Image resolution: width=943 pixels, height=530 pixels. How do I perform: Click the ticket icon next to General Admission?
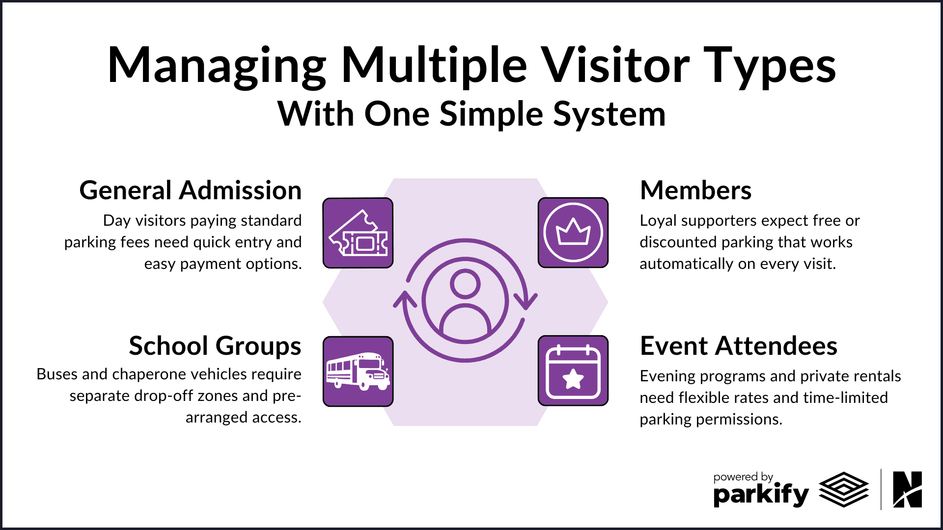pyautogui.click(x=358, y=233)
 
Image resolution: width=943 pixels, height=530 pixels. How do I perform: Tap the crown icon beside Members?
pyautogui.click(x=573, y=233)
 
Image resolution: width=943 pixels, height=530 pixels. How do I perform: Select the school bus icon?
pyautogui.click(x=358, y=371)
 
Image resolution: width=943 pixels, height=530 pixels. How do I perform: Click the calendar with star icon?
pyautogui.click(x=573, y=371)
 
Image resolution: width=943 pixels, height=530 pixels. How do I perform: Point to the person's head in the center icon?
pyautogui.click(x=465, y=284)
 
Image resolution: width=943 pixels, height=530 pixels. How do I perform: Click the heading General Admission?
pyautogui.click(x=191, y=190)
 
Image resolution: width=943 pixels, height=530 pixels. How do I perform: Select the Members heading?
pyautogui.click(x=695, y=190)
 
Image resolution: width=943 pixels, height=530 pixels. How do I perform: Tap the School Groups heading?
pyautogui.click(x=215, y=346)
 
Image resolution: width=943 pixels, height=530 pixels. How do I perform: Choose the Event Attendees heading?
pyautogui.click(x=738, y=346)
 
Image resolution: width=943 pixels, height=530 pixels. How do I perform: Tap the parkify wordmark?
pyautogui.click(x=761, y=495)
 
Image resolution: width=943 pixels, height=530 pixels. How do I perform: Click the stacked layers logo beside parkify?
pyautogui.click(x=844, y=489)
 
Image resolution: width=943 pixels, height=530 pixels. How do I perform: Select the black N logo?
pyautogui.click(x=907, y=489)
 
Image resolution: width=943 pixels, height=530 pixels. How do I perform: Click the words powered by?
pyautogui.click(x=743, y=477)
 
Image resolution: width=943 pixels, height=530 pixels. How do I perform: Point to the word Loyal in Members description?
pyautogui.click(x=658, y=221)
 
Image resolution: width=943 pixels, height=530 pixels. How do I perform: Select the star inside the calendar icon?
pyautogui.click(x=573, y=379)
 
